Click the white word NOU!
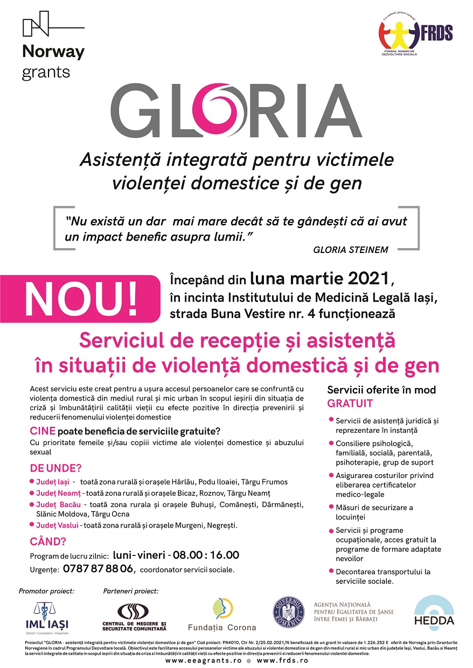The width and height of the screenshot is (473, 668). click(81, 296)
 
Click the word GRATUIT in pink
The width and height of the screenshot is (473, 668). click(350, 404)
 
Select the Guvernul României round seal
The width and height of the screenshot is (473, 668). click(289, 613)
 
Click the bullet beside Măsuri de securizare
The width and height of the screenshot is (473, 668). click(330, 507)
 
